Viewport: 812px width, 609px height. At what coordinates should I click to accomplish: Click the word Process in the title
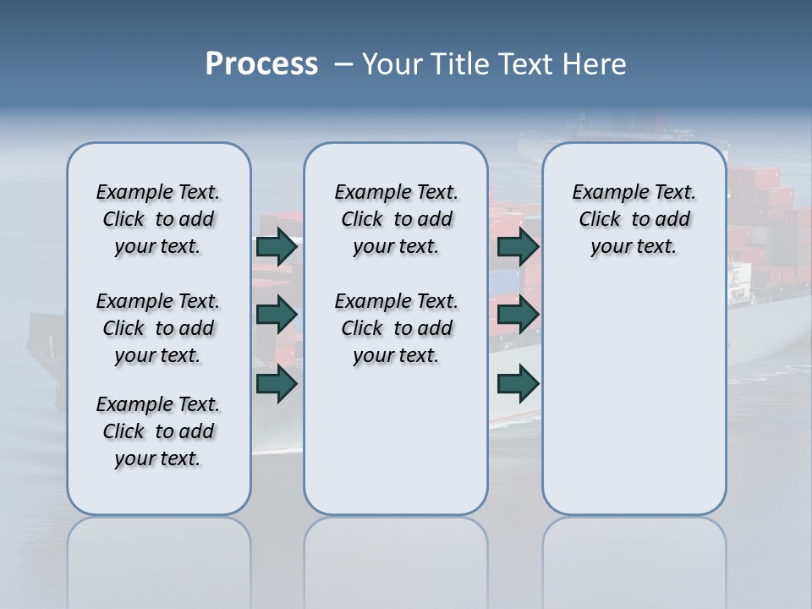click(261, 63)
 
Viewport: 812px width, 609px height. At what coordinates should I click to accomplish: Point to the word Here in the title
click(595, 64)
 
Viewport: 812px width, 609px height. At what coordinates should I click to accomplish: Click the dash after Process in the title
click(343, 65)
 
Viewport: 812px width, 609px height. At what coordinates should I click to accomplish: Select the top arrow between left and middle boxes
click(277, 247)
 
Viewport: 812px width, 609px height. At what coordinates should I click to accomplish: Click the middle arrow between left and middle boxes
click(277, 315)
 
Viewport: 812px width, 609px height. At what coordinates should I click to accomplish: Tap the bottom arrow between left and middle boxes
click(277, 383)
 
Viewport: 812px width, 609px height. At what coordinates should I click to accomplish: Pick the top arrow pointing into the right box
click(518, 247)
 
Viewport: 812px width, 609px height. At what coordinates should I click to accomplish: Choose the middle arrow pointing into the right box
click(518, 315)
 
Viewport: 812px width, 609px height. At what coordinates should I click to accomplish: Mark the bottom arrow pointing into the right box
click(518, 383)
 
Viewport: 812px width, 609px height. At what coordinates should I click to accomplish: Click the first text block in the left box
click(158, 219)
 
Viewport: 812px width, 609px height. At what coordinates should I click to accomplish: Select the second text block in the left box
click(158, 328)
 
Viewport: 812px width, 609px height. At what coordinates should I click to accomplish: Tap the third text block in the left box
click(158, 431)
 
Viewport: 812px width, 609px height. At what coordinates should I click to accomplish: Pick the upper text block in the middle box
click(396, 219)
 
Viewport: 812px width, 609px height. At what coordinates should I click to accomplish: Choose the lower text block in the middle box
click(396, 328)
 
